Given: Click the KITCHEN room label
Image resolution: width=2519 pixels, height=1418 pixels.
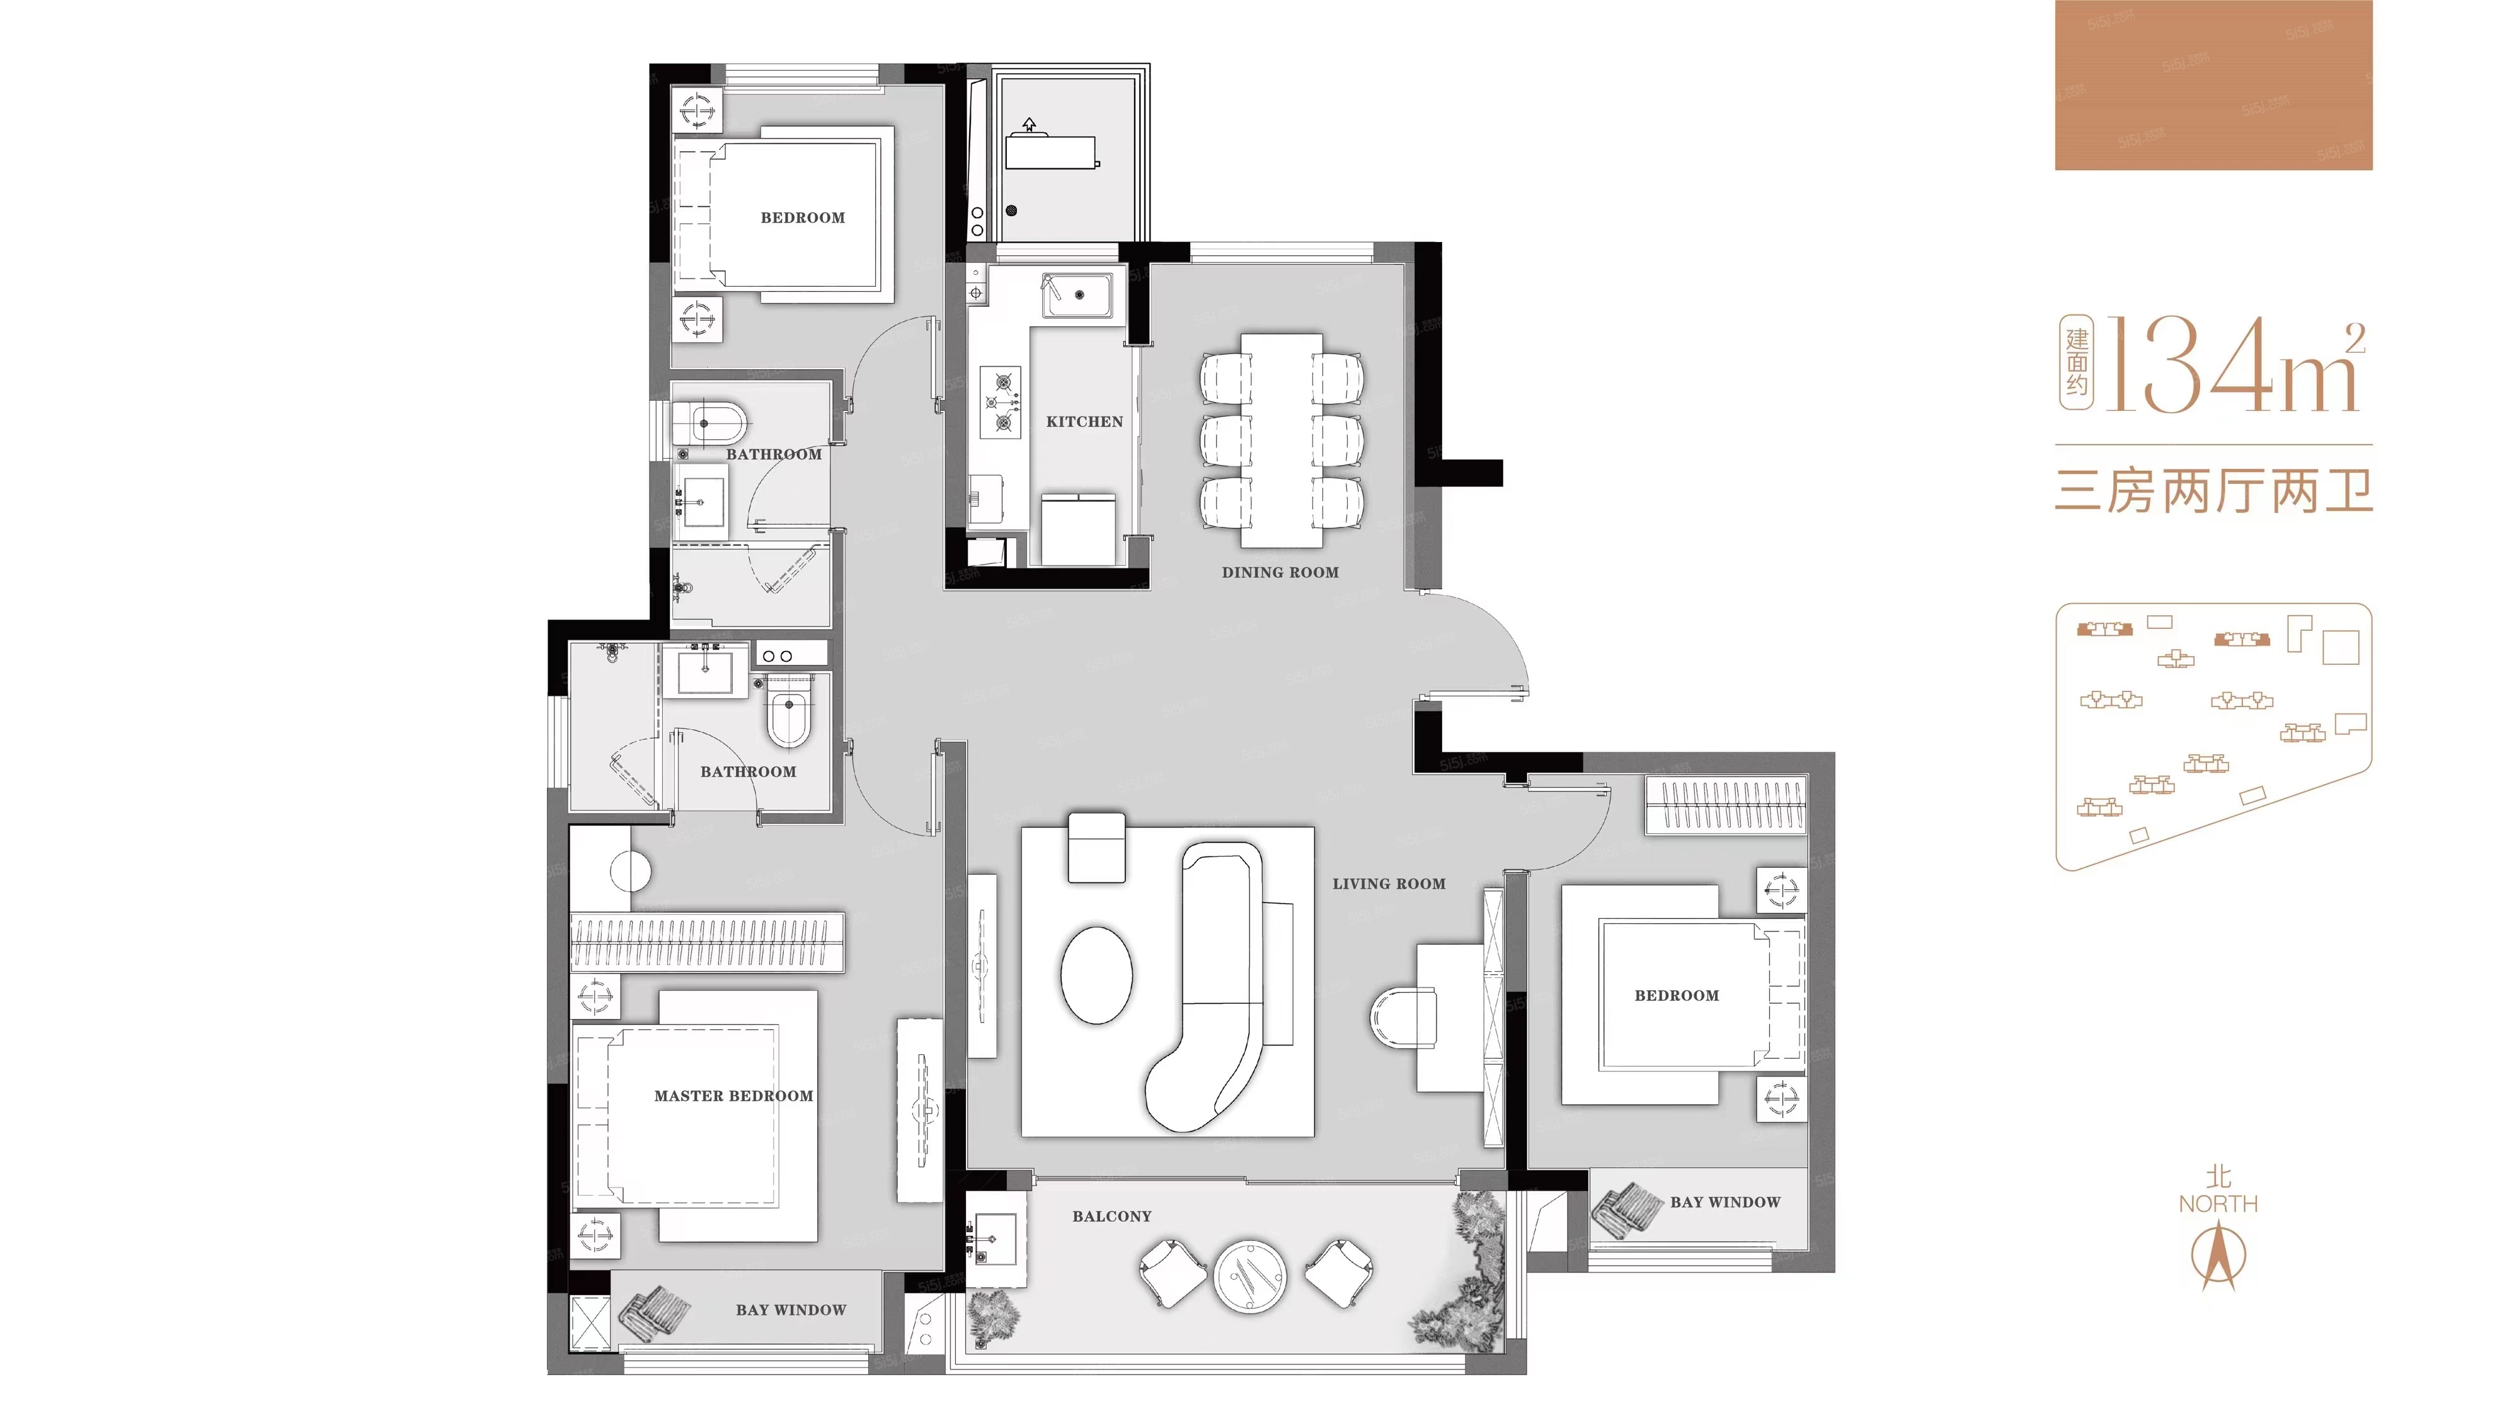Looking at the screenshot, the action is (1084, 422).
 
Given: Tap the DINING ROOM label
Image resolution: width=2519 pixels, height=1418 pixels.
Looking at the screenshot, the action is (1280, 572).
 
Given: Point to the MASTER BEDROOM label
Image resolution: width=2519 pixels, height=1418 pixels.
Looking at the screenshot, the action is (733, 1096).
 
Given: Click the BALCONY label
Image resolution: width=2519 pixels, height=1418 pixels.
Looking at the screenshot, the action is (1112, 1216).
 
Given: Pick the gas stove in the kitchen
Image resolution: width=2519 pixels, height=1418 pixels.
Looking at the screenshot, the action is (1001, 401).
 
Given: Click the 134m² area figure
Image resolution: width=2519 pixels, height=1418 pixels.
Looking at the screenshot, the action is (2234, 365).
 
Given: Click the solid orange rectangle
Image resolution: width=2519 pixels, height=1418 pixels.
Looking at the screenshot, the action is (2214, 85).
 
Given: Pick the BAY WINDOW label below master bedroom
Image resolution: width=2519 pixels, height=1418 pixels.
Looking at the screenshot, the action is (791, 1310).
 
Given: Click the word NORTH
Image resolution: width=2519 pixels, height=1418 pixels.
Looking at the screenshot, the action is (2218, 1204).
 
